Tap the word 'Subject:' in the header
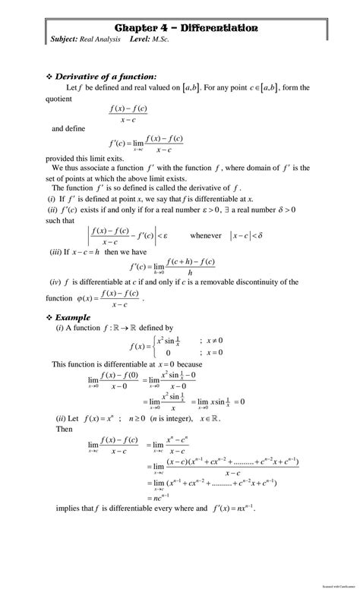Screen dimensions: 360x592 [x=65, y=39]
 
